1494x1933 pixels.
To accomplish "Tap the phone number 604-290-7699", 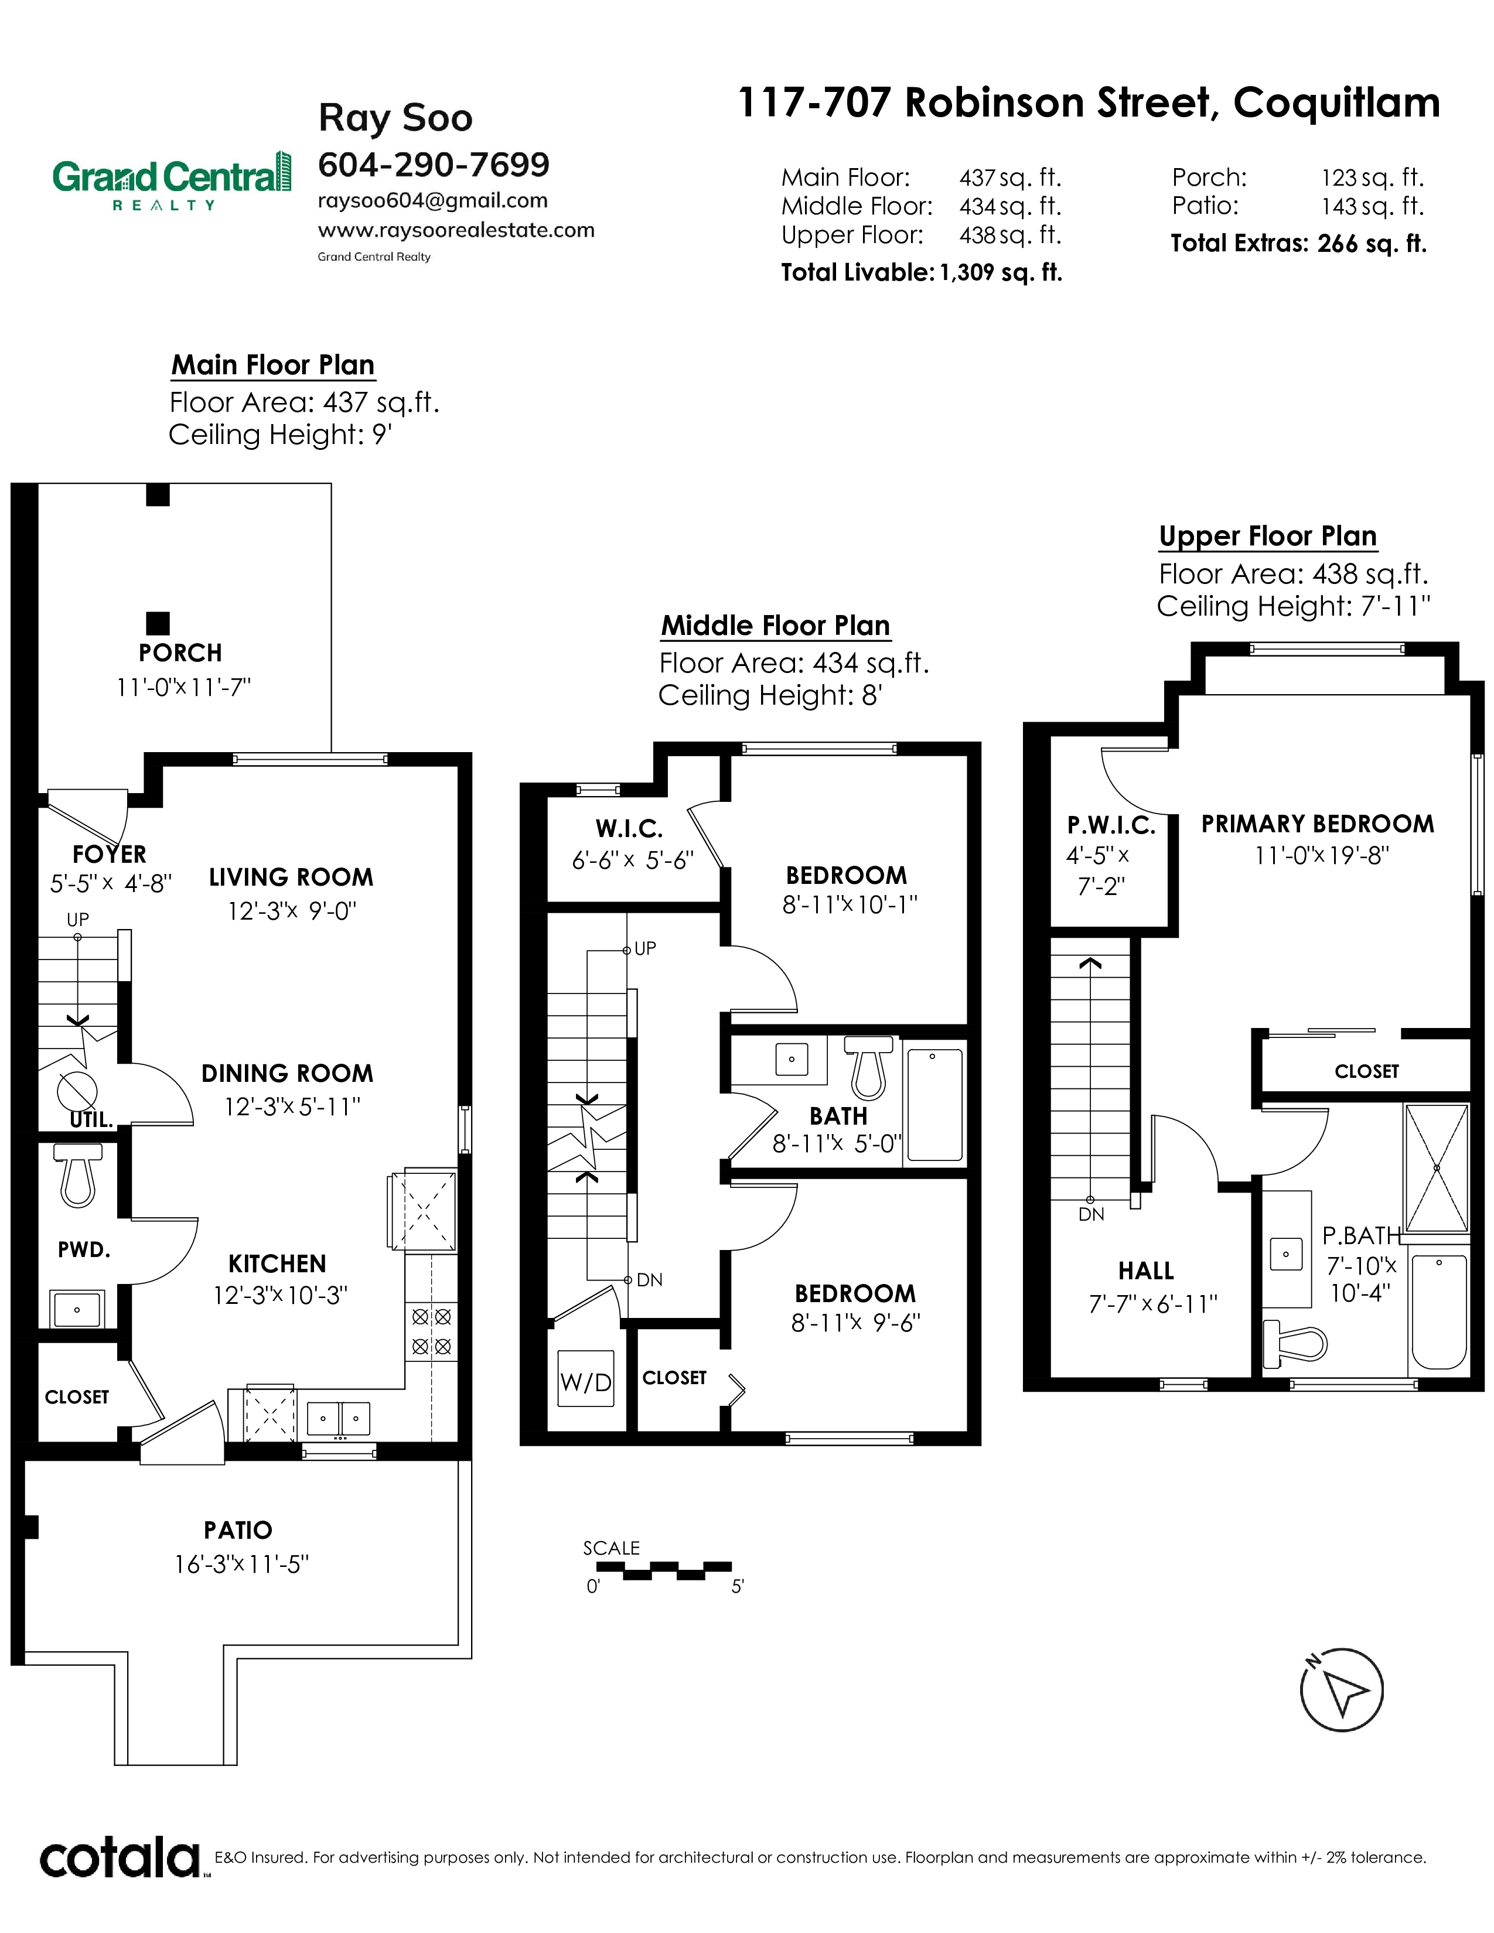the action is point(434,164).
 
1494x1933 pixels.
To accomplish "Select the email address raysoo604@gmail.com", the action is point(433,201).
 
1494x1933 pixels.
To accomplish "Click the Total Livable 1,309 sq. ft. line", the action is point(922,272).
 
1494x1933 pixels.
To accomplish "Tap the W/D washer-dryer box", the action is point(585,1382).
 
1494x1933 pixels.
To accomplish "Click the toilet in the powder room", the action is point(78,1174).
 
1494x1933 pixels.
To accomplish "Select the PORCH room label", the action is point(180,653).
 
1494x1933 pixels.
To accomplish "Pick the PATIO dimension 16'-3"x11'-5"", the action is point(241,1564).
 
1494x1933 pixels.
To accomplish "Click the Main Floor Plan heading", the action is point(272,365).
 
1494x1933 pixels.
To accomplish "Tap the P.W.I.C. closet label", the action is point(1111,826).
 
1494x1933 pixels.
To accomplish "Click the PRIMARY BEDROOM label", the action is point(1318,824).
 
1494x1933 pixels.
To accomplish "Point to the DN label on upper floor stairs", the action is point(1091,1214).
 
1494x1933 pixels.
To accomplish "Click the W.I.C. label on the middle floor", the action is point(629,829).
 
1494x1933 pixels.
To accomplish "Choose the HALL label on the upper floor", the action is point(1146,1271).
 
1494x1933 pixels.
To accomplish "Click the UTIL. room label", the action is point(91,1119).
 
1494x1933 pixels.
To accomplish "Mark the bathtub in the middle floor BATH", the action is point(934,1105).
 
